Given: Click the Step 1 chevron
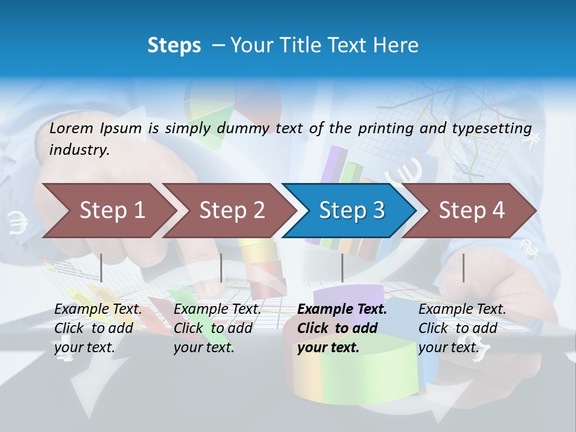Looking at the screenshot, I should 108,211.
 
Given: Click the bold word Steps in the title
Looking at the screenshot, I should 174,46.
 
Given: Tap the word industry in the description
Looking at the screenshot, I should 79,150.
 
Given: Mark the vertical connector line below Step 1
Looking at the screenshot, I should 101,268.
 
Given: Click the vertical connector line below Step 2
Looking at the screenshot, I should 221,268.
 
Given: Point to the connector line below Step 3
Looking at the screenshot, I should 342,268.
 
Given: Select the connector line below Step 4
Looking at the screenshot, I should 463,268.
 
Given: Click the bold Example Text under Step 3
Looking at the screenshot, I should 342,310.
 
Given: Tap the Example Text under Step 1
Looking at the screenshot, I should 98,310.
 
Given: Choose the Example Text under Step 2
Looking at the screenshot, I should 217,310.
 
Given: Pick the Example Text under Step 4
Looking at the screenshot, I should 462,310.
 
